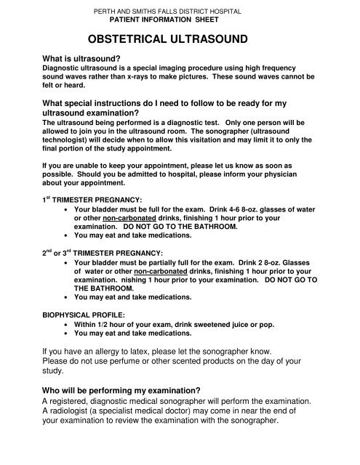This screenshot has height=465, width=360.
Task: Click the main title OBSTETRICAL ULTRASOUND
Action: point(179,39)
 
